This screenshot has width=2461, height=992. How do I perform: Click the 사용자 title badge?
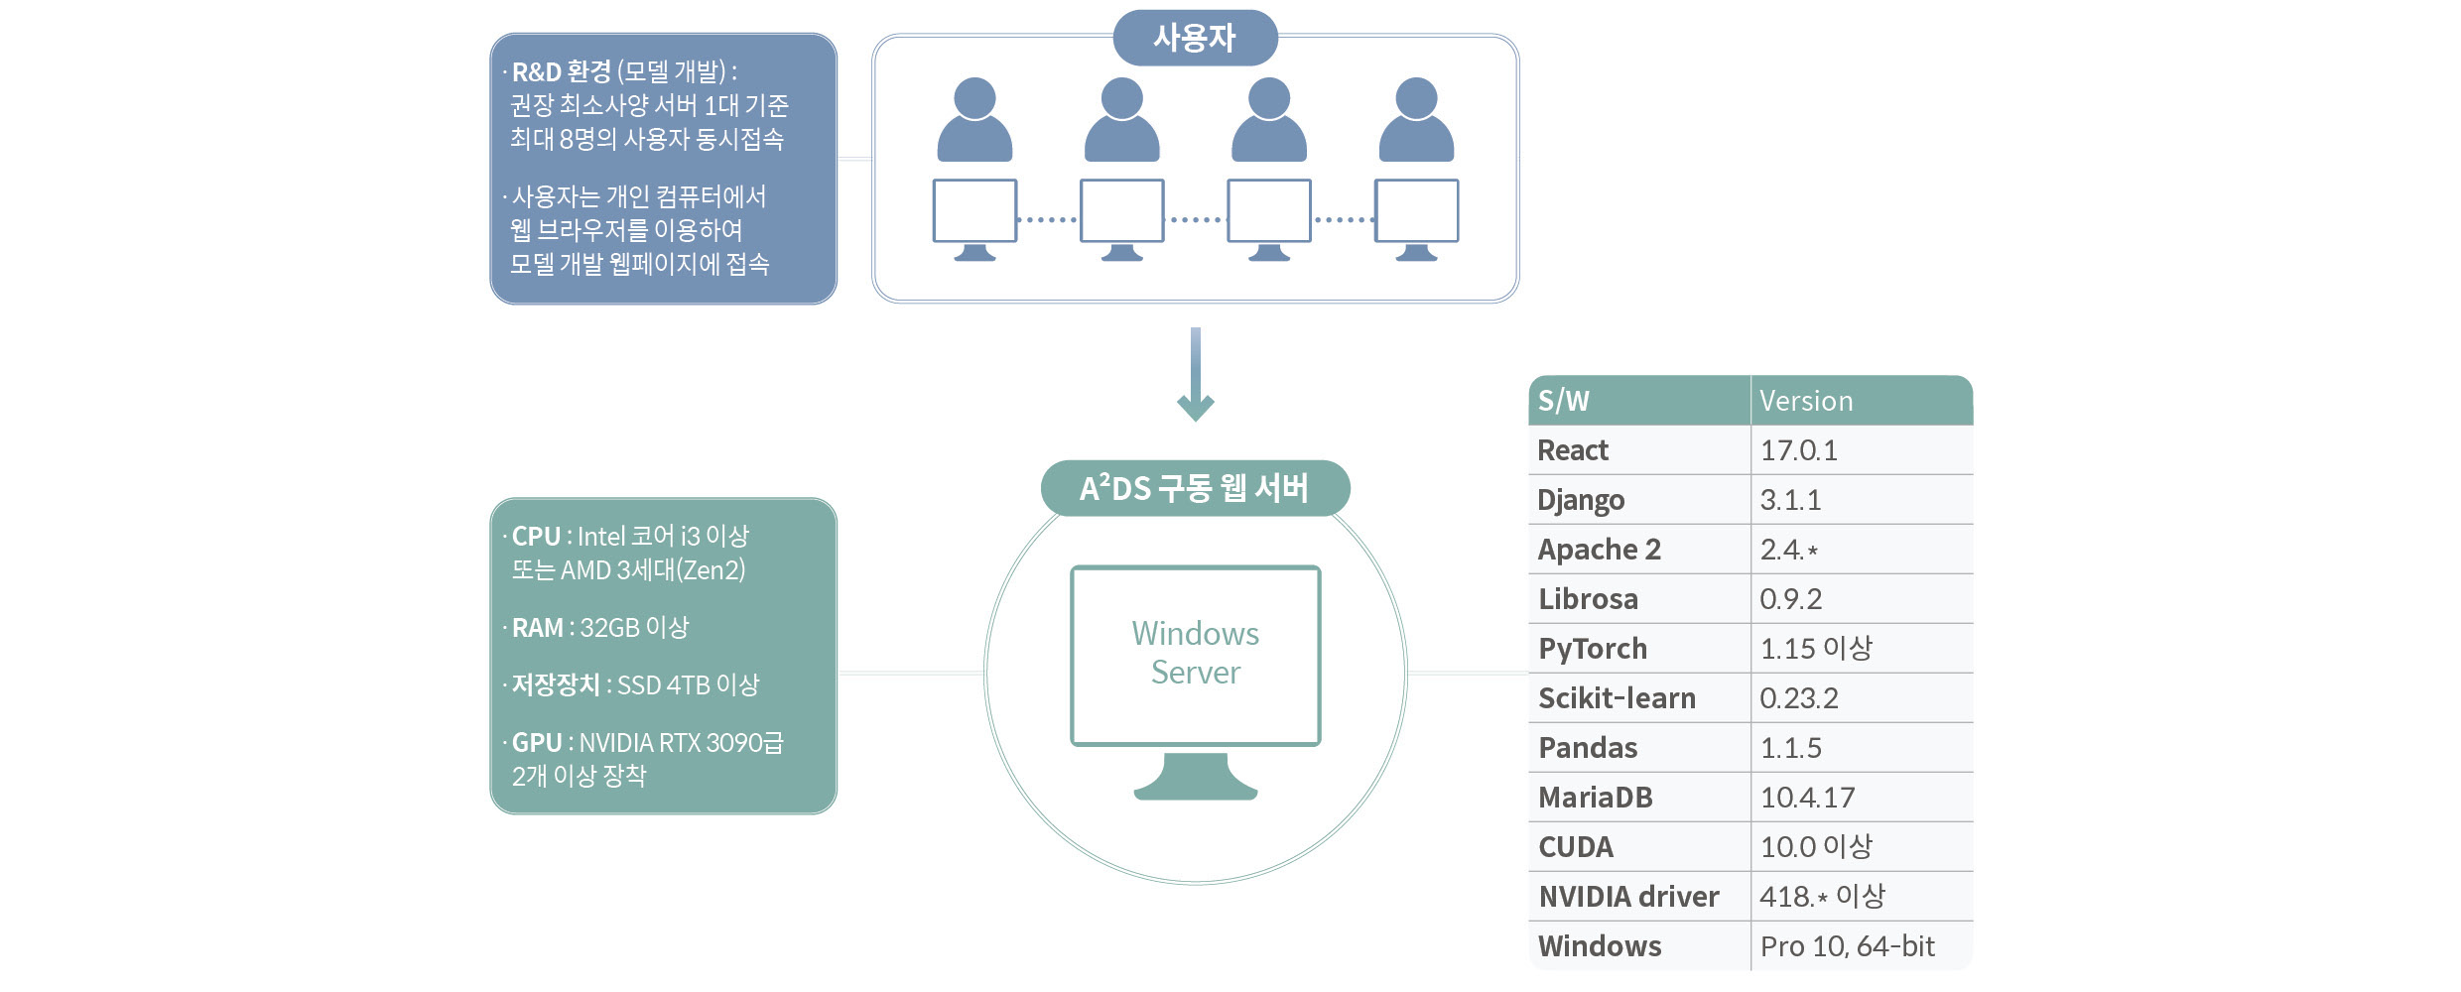[1195, 38]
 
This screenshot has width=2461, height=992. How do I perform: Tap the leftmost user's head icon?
[974, 98]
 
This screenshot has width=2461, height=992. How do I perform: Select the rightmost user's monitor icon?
[1416, 210]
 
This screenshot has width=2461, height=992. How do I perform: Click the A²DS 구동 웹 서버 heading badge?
[1195, 488]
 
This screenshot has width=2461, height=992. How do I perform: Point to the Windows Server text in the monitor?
[1196, 653]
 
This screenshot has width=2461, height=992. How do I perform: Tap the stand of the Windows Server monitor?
[1196, 777]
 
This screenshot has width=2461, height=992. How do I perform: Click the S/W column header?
[1564, 401]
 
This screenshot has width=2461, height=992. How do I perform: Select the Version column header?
[1806, 401]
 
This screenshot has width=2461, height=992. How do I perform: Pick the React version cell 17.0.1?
[1798, 450]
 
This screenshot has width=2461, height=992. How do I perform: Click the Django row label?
[1581, 500]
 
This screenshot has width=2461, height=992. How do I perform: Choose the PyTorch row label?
[1593, 649]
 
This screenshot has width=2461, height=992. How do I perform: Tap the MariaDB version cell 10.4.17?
[1807, 798]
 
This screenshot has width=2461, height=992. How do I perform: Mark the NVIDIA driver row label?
[1628, 897]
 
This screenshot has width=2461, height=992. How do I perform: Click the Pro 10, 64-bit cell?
[1847, 946]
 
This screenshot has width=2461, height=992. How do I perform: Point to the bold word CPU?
[536, 537]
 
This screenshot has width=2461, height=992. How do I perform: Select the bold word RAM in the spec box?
[537, 628]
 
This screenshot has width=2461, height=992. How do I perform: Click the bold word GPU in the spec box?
[537, 743]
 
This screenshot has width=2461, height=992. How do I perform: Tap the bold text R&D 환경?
[561, 71]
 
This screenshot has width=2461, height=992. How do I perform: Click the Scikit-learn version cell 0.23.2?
[1798, 698]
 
